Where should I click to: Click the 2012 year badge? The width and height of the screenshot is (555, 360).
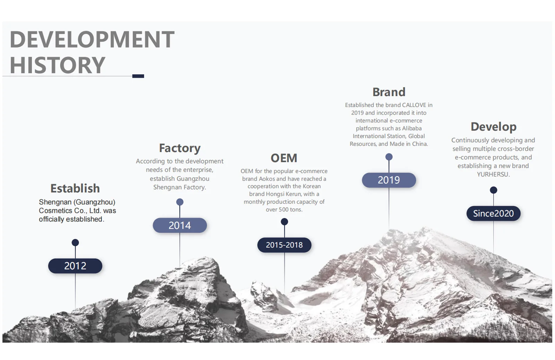click(75, 266)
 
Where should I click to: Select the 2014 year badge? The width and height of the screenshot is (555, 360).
click(180, 226)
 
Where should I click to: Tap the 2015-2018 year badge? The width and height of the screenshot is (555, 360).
click(284, 245)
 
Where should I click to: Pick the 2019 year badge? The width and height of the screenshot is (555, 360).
click(389, 180)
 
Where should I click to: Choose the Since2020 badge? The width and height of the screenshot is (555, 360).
click(493, 214)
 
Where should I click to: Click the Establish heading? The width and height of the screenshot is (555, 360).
click(75, 189)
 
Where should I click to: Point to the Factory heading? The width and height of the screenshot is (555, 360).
click(180, 148)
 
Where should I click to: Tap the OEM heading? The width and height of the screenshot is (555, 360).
click(284, 158)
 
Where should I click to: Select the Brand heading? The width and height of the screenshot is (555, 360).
click(389, 92)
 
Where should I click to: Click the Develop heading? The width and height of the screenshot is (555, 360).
click(493, 127)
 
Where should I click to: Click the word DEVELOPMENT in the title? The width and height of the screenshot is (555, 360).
click(92, 40)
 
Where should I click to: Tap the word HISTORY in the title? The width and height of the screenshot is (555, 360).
click(57, 65)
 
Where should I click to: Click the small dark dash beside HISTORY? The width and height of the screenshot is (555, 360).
click(138, 76)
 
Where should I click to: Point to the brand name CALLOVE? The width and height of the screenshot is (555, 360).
click(414, 105)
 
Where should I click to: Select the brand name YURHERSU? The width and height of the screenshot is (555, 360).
click(493, 174)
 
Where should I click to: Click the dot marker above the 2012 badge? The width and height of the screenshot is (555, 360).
click(75, 242)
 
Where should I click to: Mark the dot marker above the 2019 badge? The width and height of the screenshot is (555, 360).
click(389, 157)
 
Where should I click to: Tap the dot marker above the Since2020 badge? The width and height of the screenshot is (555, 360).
click(493, 190)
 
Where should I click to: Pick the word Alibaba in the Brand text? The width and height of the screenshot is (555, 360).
click(412, 128)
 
